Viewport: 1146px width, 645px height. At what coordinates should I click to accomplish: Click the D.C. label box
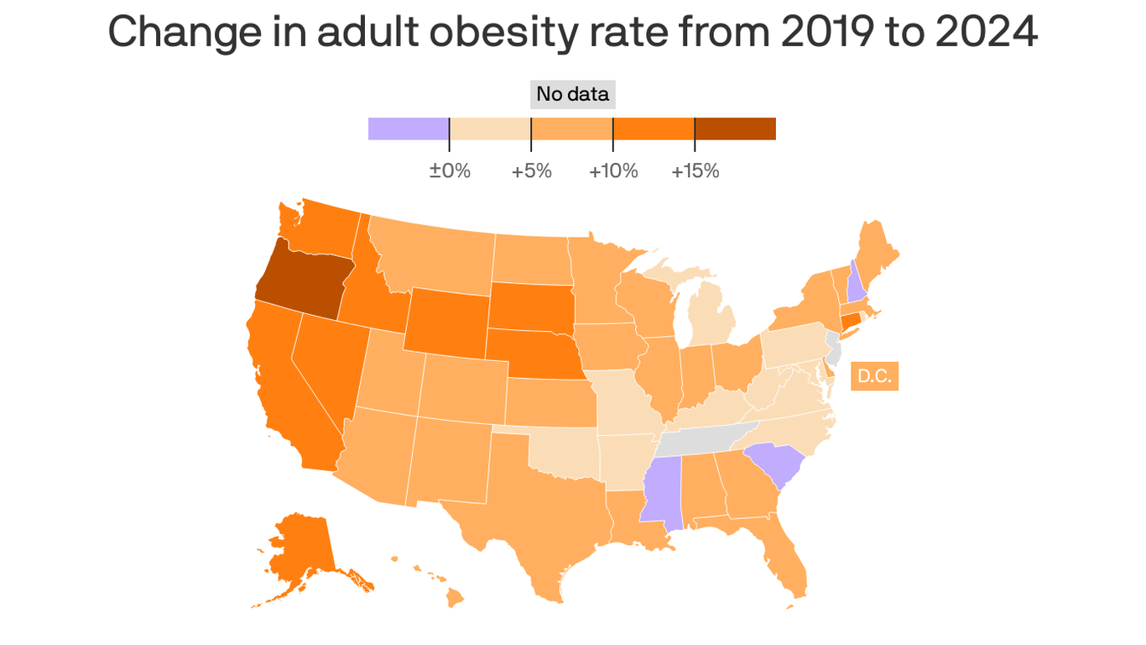pos(874,376)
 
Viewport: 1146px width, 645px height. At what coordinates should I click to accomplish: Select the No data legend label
pos(572,94)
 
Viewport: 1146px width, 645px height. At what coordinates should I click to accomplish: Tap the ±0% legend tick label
pos(450,171)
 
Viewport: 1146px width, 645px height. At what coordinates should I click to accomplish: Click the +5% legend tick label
pos(531,171)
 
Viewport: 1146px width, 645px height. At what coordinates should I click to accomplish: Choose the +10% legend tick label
pos(613,171)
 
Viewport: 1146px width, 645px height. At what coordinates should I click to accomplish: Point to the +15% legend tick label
pos(695,171)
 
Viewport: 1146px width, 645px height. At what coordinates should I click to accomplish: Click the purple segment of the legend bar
pos(409,128)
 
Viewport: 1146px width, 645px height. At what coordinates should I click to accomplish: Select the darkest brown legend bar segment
pos(735,128)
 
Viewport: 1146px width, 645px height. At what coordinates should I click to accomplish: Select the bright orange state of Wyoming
pos(446,322)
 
